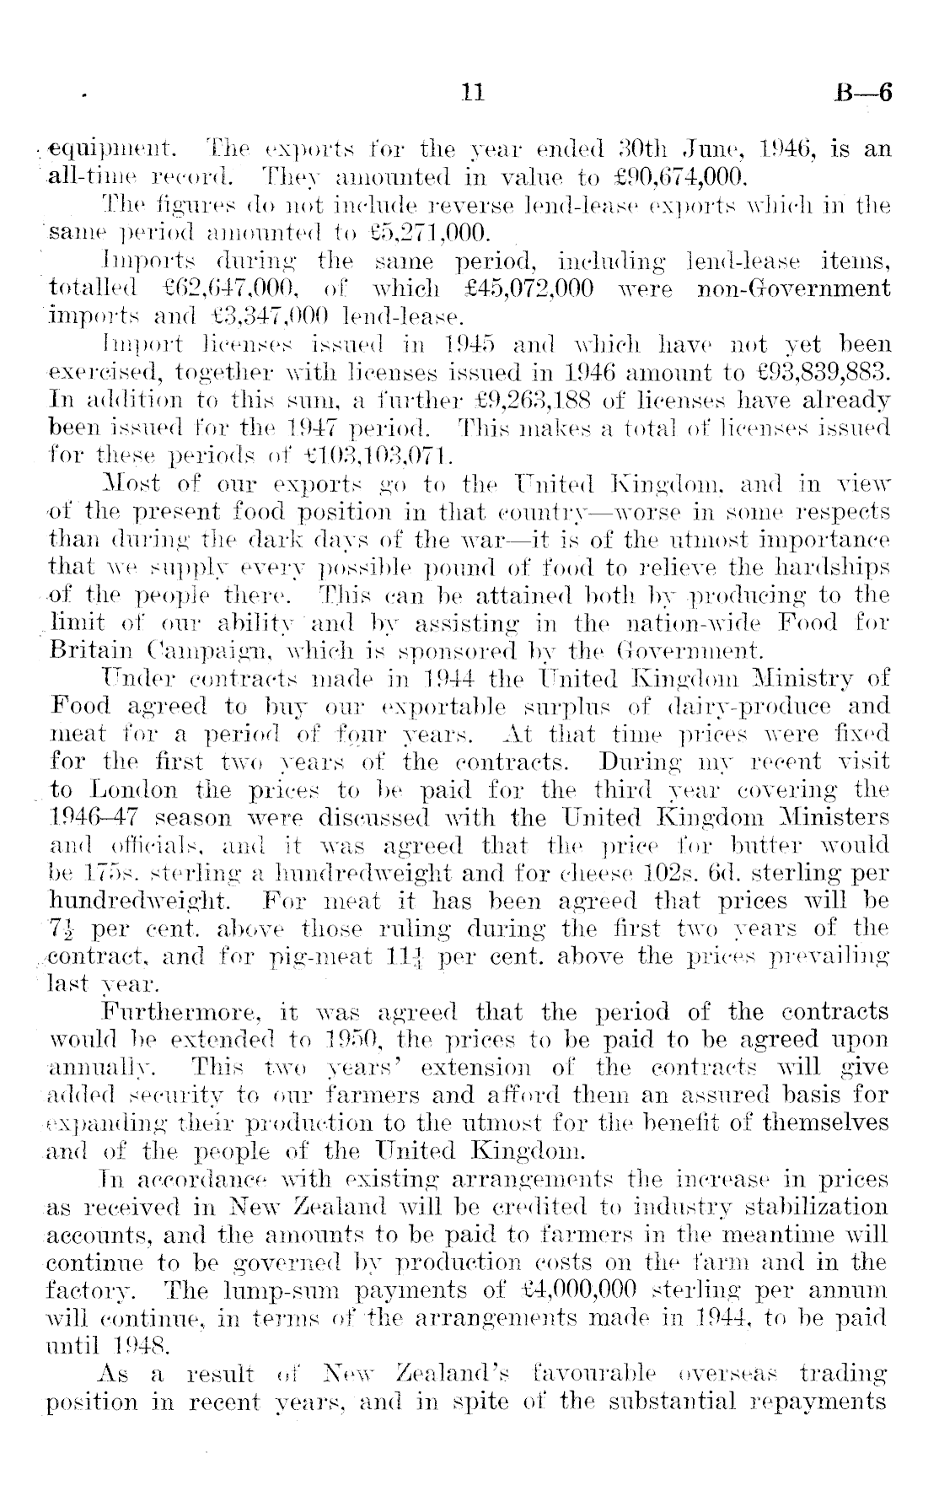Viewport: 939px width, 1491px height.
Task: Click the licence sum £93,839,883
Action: (x=818, y=372)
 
